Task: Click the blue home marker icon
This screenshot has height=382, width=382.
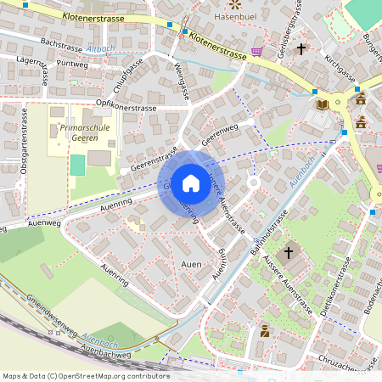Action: point(191,183)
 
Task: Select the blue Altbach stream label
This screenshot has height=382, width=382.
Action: point(100,49)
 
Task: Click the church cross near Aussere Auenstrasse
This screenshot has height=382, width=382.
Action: point(289,253)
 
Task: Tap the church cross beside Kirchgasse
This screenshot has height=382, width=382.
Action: point(301,50)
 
